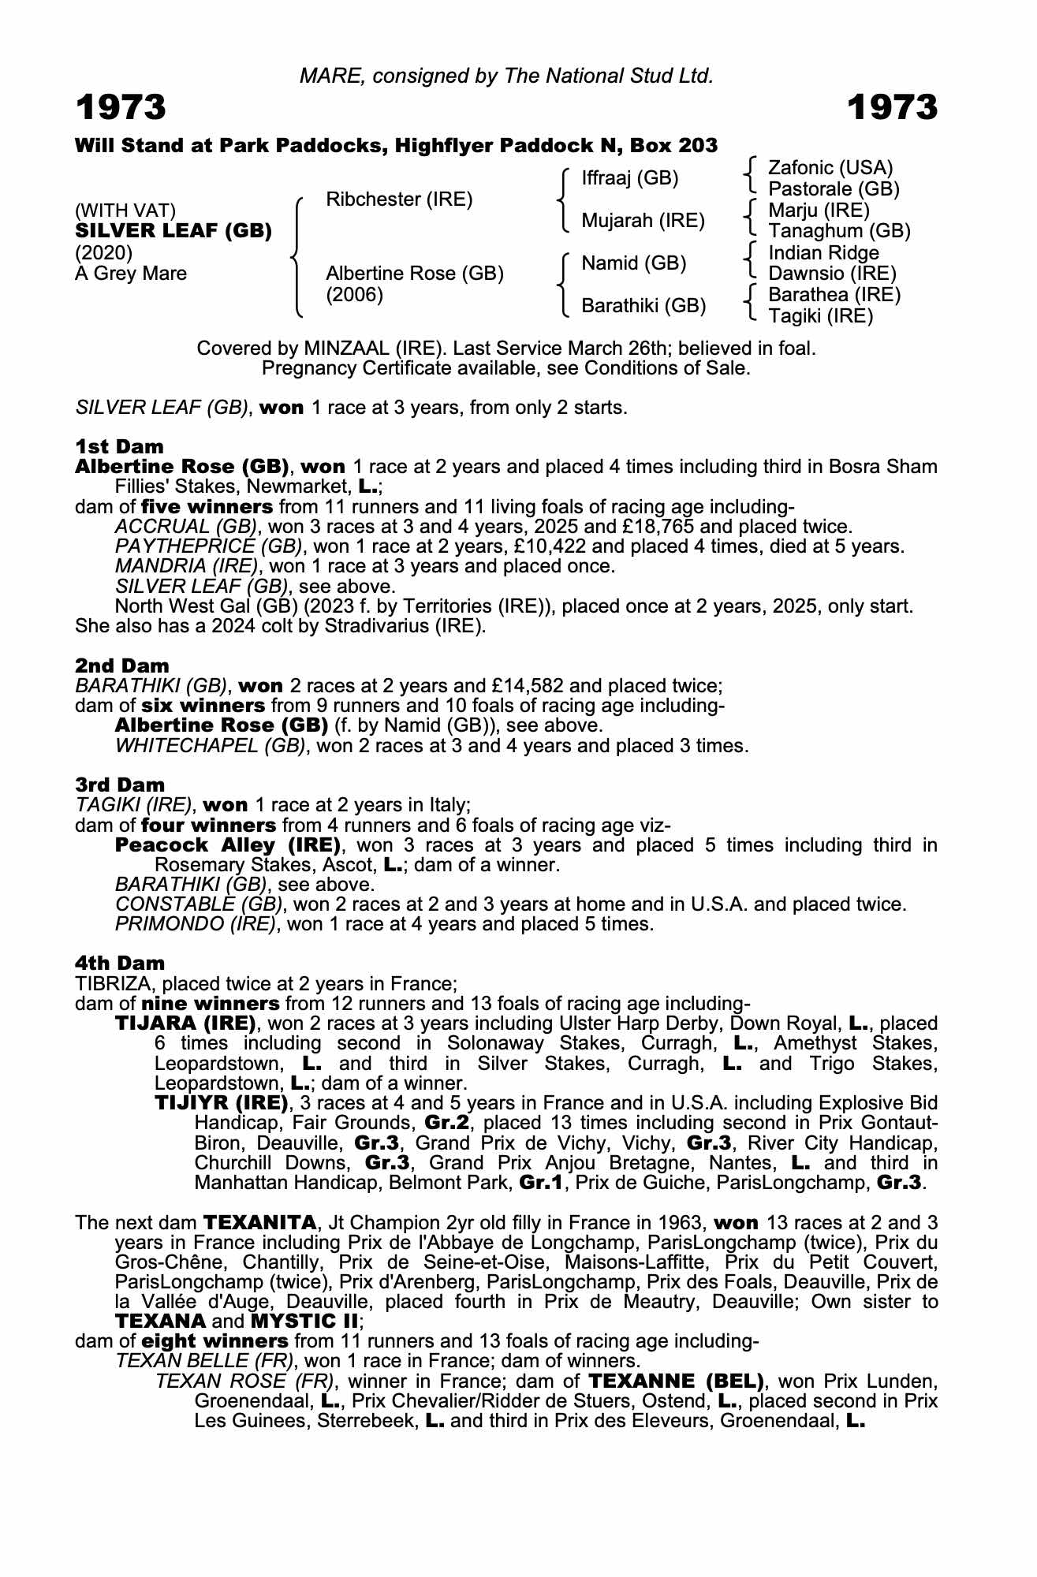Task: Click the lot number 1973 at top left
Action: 121,107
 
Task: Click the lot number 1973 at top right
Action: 893,107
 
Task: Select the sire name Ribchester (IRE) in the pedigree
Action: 399,199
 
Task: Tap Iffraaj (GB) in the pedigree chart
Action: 629,178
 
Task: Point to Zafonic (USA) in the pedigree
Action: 830,168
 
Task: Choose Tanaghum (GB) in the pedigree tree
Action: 839,231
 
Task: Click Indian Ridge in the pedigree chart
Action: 823,253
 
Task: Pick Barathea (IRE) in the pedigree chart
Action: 834,295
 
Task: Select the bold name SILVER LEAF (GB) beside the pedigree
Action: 173,231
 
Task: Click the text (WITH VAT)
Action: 125,211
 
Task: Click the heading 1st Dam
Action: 119,447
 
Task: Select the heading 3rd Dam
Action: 120,785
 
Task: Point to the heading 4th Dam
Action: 120,963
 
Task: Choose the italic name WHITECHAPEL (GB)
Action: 211,745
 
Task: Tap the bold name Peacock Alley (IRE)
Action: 228,845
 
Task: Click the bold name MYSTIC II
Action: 304,1320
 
